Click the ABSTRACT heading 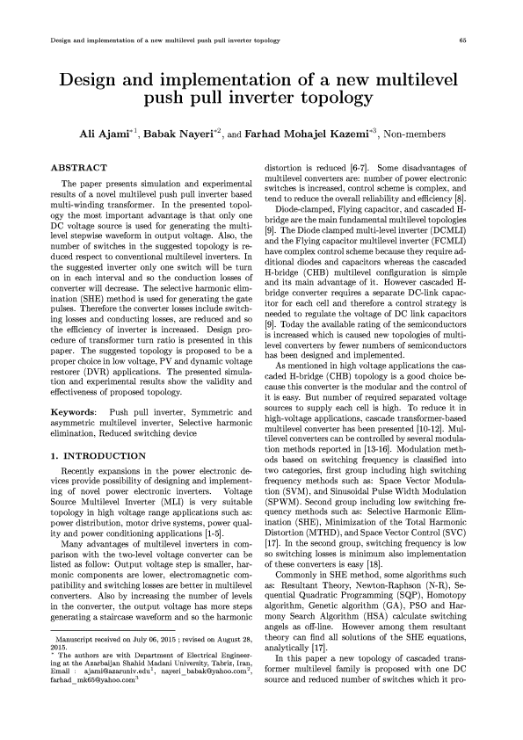[x=80, y=167]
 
